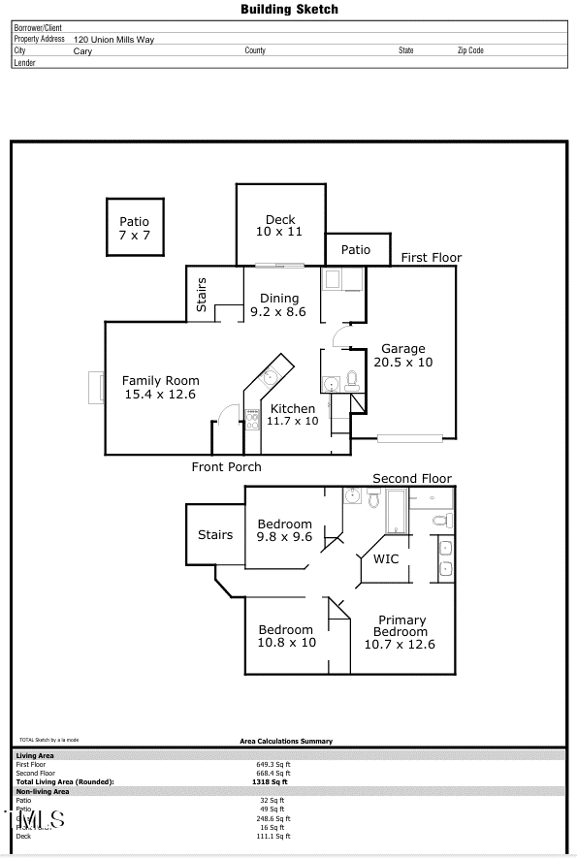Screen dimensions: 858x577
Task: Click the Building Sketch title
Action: [289, 9]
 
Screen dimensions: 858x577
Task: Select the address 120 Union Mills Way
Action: [113, 40]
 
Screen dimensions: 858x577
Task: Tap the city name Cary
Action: [83, 51]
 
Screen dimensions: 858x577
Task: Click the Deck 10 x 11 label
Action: [280, 226]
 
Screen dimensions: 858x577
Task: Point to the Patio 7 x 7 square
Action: [135, 228]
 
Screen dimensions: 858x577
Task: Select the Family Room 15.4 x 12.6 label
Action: [160, 388]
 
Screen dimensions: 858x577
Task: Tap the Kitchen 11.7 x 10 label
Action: [293, 415]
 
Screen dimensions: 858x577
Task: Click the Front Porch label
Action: [226, 467]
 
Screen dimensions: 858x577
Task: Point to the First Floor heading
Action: [432, 258]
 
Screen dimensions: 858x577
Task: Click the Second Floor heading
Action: [412, 479]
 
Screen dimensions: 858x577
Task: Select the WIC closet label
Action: [386, 559]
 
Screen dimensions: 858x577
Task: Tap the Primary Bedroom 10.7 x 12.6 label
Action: [401, 632]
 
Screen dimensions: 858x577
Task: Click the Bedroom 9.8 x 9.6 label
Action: [284, 530]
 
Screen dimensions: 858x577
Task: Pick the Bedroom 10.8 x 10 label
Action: [286, 636]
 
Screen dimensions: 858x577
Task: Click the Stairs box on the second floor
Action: [215, 534]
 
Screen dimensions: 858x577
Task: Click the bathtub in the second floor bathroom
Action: [397, 511]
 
